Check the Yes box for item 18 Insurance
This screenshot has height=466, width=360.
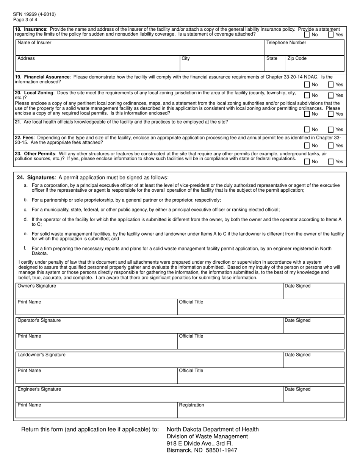coord(331,35)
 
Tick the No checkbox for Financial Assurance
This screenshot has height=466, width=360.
coord(307,85)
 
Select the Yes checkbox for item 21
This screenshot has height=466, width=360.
coord(331,130)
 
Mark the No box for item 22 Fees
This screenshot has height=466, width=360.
coord(307,145)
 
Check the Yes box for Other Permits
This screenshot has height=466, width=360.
coord(331,162)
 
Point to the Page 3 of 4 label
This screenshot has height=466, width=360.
coord(25,20)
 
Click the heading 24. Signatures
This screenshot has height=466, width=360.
coord(36,177)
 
